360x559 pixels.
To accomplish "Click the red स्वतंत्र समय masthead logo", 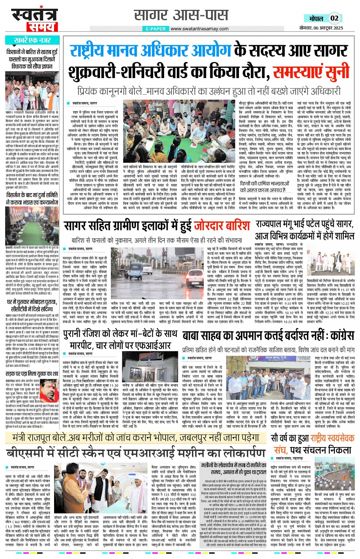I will pos(35,20).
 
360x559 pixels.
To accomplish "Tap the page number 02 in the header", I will pos(334,18).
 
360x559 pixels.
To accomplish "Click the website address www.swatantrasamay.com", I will pos(199,29).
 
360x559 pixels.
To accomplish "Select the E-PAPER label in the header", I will pos(156,29).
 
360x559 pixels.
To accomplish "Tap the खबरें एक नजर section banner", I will pos(32,40).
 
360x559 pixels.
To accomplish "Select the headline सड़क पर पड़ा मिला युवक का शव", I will pos(32,374).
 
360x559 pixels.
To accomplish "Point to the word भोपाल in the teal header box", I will pos(316,18).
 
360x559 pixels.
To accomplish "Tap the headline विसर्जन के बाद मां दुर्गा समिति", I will pos(32,199).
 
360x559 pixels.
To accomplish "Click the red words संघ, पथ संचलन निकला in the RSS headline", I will pos(312,450).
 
